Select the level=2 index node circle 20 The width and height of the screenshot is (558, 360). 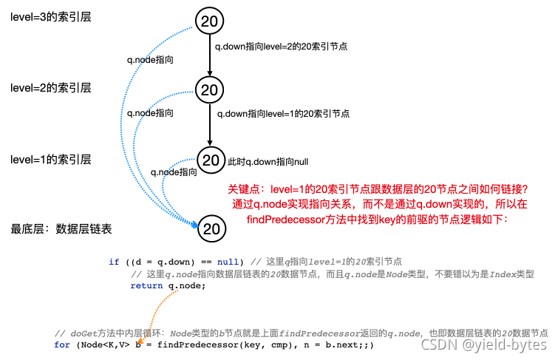[x=210, y=90]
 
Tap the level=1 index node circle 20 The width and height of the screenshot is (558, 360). [x=211, y=160]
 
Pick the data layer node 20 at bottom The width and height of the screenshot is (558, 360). [x=211, y=229]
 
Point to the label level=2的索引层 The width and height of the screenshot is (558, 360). [x=51, y=88]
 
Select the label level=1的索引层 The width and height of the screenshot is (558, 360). [x=51, y=159]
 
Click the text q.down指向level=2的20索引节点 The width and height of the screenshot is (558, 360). [x=281, y=46]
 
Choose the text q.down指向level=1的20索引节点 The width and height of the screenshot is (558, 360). [x=282, y=114]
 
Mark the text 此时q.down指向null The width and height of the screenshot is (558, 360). [x=268, y=160]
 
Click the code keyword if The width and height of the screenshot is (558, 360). [x=114, y=262]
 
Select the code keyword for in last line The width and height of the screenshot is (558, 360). [x=63, y=344]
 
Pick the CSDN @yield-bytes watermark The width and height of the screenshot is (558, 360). [x=483, y=344]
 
